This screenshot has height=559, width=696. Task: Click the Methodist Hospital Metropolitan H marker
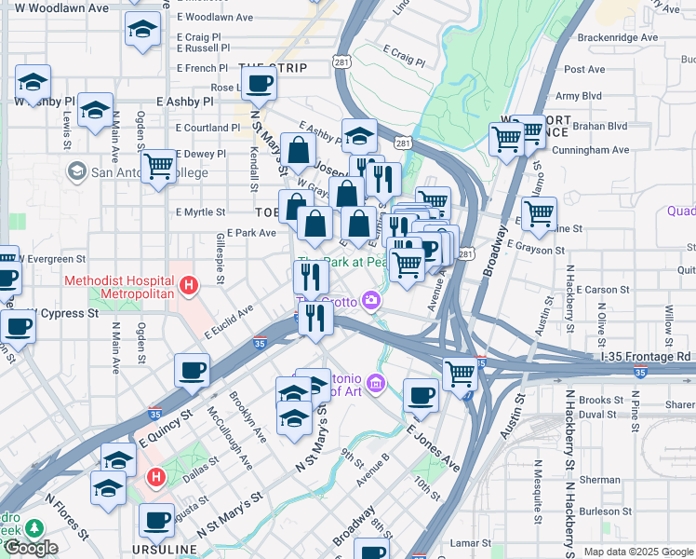coord(190,285)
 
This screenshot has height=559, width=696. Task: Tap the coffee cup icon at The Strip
coord(260,84)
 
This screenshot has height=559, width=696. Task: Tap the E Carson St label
coord(604,290)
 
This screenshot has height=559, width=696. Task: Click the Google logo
coord(31,548)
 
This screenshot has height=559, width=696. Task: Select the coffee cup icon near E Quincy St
coord(192,371)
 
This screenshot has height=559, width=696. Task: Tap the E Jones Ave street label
coord(433,446)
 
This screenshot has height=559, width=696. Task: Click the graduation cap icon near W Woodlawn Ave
coord(142,29)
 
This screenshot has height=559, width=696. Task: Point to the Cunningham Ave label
coord(590,150)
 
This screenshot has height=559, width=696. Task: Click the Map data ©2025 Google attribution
coord(638,552)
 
